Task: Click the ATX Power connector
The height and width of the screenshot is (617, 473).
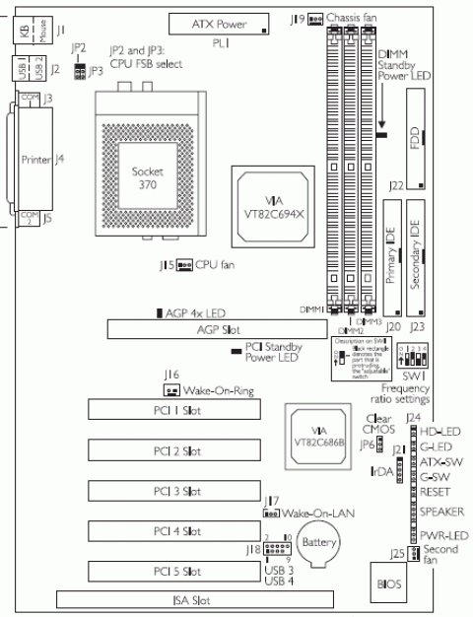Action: [222, 24]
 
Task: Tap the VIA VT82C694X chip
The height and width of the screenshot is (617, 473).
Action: [267, 197]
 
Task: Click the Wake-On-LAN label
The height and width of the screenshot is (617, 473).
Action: [315, 514]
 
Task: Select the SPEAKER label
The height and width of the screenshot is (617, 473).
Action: [439, 512]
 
